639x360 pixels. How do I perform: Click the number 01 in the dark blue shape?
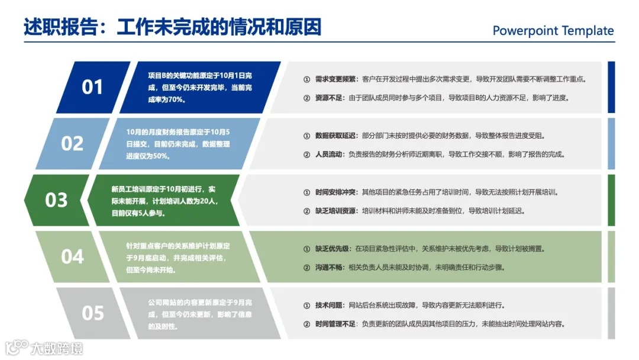coord(92,87)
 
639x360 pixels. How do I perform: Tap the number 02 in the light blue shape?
coord(72,143)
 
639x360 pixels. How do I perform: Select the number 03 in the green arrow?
coord(56,200)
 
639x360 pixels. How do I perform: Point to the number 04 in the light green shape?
coord(72,256)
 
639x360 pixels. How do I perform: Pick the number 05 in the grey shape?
coord(92,313)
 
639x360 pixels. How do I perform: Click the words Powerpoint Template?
coord(553,31)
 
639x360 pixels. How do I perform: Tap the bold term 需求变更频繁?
coord(335,79)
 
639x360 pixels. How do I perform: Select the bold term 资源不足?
coord(328,98)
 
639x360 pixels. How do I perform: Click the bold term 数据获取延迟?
coord(335,136)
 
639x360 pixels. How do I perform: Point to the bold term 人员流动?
coord(328,155)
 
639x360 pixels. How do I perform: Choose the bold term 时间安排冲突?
coord(335,192)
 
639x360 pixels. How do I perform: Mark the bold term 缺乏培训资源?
coord(335,211)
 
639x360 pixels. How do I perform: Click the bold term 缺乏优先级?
coord(331,249)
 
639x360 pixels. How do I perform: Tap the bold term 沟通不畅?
coord(328,268)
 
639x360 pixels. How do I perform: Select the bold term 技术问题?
coord(328,306)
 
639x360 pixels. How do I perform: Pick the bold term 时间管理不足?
coord(335,324)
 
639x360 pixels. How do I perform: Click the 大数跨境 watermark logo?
coord(44,347)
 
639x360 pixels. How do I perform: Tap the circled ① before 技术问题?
coord(306,306)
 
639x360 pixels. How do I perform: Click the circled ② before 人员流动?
coord(306,155)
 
